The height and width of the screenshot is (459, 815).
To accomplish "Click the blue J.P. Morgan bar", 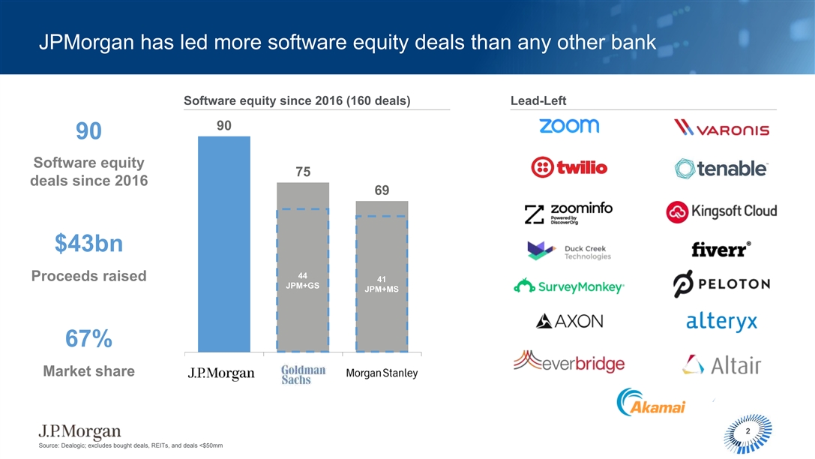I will [223, 244].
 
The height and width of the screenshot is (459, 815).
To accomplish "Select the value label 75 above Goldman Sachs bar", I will [303, 172].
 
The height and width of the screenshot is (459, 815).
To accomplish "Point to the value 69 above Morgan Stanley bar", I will [382, 190].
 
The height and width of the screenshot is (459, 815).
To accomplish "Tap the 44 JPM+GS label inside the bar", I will [303, 280].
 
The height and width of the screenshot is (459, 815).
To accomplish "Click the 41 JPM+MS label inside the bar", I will [382, 284].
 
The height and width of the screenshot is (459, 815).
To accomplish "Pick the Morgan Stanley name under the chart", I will [382, 373].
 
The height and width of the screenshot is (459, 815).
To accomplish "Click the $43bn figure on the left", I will [88, 243].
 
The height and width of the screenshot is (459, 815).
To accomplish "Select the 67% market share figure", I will [88, 340].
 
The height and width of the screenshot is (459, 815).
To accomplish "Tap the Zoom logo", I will [569, 126].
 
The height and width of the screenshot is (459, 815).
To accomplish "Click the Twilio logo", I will [568, 167].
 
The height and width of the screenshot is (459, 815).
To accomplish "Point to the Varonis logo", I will [721, 128].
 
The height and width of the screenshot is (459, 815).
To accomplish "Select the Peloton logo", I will [721, 284].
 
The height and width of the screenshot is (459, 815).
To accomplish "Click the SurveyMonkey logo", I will [569, 286].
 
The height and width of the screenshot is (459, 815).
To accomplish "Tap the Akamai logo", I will [651, 403].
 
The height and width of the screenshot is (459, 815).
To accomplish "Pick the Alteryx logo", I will [721, 322].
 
